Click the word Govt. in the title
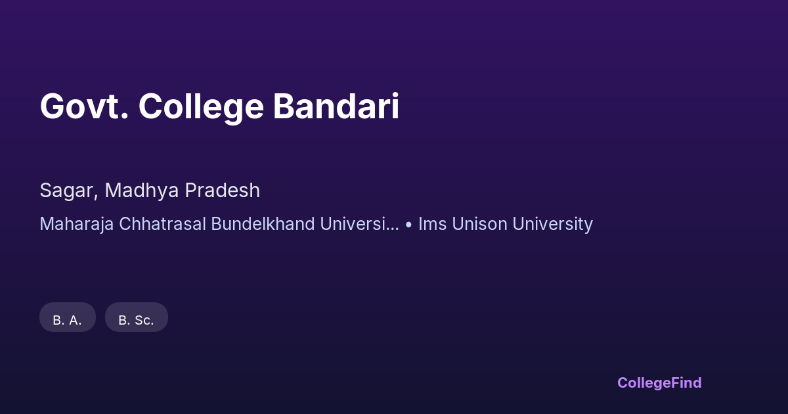(84, 106)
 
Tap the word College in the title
(201, 108)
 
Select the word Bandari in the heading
(336, 106)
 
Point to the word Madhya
(142, 191)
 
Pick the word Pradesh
(223, 190)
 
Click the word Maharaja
(77, 225)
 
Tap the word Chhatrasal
(163, 224)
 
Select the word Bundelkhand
(263, 224)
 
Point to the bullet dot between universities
(408, 225)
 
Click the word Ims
(432, 224)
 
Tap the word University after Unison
(553, 225)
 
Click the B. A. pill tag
(68, 317)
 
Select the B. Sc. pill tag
(137, 317)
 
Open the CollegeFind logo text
(659, 383)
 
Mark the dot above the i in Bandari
(395, 95)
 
